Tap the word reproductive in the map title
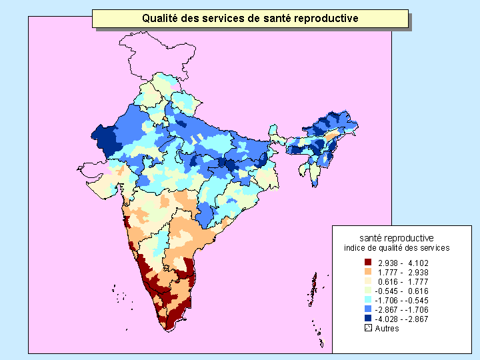[325, 19]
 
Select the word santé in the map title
[270, 19]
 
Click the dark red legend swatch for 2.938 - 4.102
[368, 263]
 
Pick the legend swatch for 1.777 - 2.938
[368, 272]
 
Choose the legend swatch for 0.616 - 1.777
[368, 281]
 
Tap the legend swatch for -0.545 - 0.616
[368, 291]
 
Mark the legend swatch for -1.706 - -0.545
[368, 300]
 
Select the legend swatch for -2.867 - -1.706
[368, 309]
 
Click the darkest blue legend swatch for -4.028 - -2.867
[368, 319]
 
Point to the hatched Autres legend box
[368, 328]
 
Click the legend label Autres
[387, 328]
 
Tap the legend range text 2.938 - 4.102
[403, 263]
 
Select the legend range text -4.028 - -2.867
[401, 319]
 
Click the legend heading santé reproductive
[396, 238]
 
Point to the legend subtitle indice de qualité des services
[396, 247]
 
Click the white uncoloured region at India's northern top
[150, 57]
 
